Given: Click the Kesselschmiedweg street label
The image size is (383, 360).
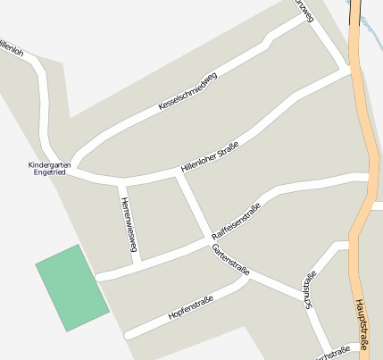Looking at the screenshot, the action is click(x=187, y=92).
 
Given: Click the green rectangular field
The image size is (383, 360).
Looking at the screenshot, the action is click(x=71, y=287).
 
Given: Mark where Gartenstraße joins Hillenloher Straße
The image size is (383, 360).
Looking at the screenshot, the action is click(x=179, y=173).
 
